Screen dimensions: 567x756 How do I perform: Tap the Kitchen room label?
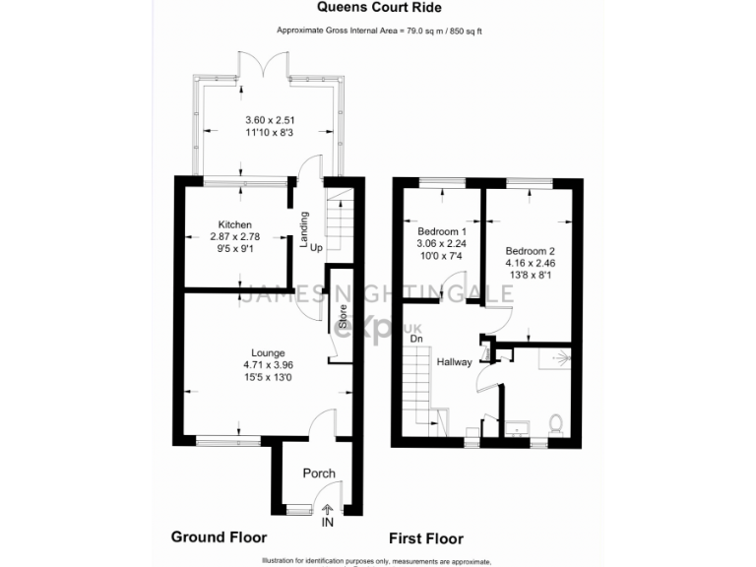(x=235, y=224)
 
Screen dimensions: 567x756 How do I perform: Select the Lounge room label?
(x=268, y=352)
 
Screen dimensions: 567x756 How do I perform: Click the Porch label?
(x=318, y=473)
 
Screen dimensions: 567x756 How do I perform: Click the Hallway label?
(x=455, y=362)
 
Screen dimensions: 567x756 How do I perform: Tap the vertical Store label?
(x=343, y=316)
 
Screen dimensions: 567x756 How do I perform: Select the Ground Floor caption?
(x=219, y=537)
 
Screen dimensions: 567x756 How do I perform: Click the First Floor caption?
(x=426, y=538)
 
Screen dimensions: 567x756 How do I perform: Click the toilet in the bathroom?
(x=555, y=424)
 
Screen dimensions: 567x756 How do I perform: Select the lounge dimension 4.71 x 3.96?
(x=268, y=364)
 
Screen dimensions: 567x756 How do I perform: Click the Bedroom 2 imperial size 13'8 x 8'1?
(x=530, y=277)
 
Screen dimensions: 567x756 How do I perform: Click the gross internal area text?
(x=377, y=31)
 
